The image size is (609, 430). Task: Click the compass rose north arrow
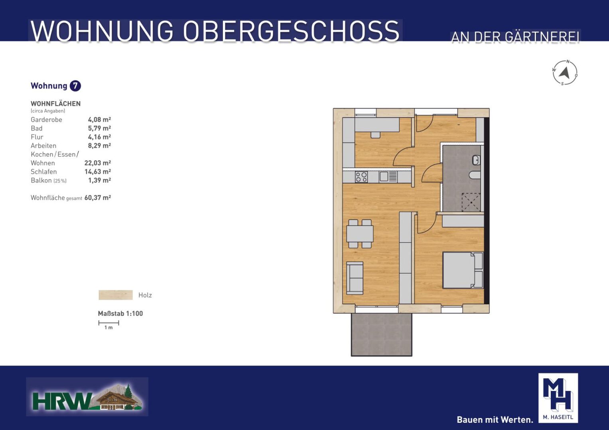[565, 73]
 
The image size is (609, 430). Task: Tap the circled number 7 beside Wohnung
[75, 86]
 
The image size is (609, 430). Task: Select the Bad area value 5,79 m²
[99, 128]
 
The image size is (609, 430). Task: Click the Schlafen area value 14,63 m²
[98, 172]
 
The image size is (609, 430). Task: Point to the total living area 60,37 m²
[98, 197]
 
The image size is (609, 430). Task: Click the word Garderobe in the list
[46, 119]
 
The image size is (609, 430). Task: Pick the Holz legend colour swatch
[116, 295]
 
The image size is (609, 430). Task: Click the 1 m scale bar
[108, 323]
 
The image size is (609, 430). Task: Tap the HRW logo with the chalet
[87, 397]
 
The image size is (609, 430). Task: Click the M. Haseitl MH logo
[558, 398]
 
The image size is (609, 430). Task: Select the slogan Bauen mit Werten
[495, 420]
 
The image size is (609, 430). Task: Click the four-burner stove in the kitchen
[361, 177]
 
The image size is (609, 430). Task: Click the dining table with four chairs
[360, 234]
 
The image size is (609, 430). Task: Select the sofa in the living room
[355, 278]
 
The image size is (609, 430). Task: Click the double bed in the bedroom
[463, 270]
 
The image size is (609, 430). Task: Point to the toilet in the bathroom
[475, 175]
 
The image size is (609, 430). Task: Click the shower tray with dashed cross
[471, 202]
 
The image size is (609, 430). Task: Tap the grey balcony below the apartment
[381, 334]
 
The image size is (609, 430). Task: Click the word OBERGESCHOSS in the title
[291, 31]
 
